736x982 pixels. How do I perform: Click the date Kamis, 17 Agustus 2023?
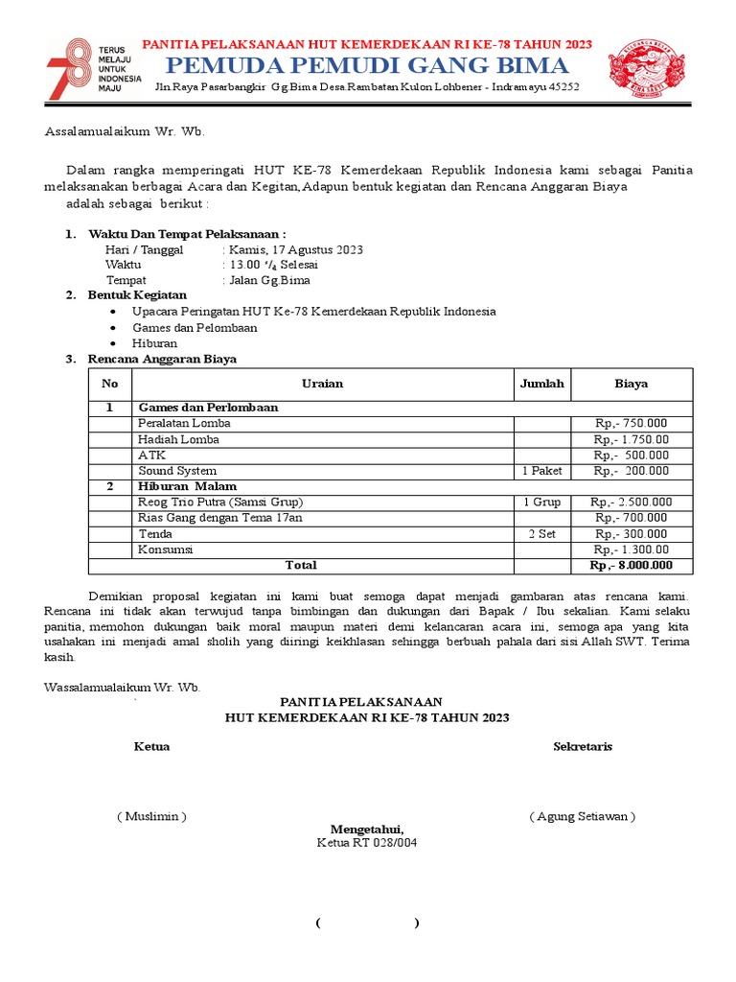(295, 250)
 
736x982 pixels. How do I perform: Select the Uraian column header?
(322, 384)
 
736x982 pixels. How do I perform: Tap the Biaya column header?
(631, 384)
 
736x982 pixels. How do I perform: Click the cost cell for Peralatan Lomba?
(631, 424)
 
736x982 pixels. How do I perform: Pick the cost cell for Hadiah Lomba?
(631, 440)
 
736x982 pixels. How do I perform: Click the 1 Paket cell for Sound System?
(541, 471)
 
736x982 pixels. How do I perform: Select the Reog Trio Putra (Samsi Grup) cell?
(220, 503)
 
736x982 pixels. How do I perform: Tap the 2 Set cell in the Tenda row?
(541, 534)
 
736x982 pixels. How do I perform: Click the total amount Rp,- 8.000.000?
(631, 566)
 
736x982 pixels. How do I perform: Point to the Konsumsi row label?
(166, 550)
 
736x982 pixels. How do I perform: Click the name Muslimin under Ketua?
(151, 817)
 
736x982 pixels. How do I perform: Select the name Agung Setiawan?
(582, 817)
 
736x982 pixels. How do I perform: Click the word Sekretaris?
(583, 747)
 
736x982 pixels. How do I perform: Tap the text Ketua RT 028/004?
(367, 844)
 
